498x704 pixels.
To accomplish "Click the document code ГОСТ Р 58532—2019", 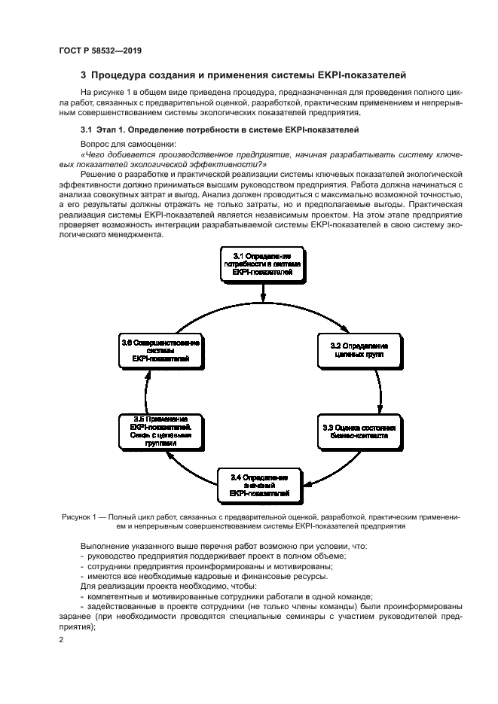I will pos(99,50).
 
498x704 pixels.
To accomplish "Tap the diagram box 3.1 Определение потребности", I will pos(261,264).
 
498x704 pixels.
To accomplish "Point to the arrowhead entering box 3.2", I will pos(346,329).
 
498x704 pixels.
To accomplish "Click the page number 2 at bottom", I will pos(61,639).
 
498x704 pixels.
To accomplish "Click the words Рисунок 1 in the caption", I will pos(78,517).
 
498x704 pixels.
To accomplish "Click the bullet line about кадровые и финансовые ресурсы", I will pos(206,576).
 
